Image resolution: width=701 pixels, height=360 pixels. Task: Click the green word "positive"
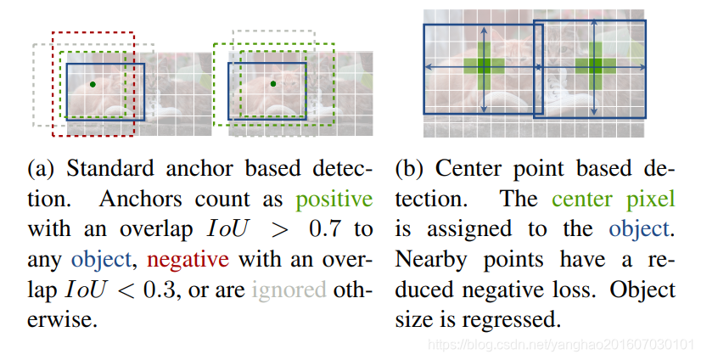334,200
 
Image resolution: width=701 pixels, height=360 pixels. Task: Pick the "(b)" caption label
412,169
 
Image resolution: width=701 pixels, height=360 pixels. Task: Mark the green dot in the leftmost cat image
92,84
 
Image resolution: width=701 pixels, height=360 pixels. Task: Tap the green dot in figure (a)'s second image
272,83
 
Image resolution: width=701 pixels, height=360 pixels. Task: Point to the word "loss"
620,290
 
